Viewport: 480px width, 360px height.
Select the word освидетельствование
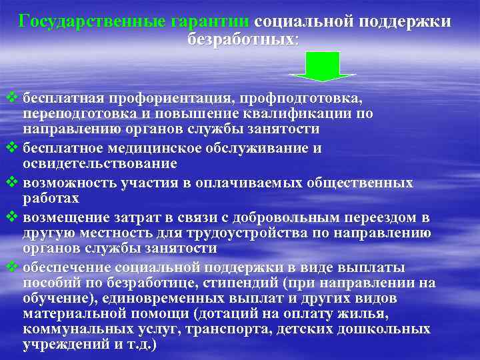(x=99, y=163)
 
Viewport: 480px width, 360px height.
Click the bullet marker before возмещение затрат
(x=10, y=217)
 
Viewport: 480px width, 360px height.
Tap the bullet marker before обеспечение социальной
(x=10, y=267)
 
